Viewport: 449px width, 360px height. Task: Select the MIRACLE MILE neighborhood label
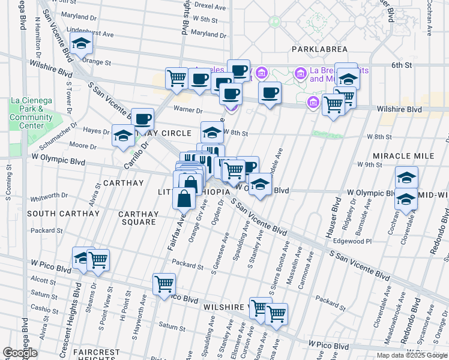tap(403, 156)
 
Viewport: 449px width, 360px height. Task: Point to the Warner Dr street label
tap(188, 110)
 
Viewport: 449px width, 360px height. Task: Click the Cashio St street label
tap(44, 308)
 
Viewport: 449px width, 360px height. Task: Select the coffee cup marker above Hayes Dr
tap(142, 119)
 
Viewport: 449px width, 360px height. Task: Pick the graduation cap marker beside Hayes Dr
tap(123, 135)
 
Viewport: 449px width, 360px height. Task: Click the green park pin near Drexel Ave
tap(275, 21)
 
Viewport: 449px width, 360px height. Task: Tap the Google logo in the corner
tap(20, 353)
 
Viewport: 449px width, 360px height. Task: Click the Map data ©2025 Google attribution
tap(412, 355)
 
